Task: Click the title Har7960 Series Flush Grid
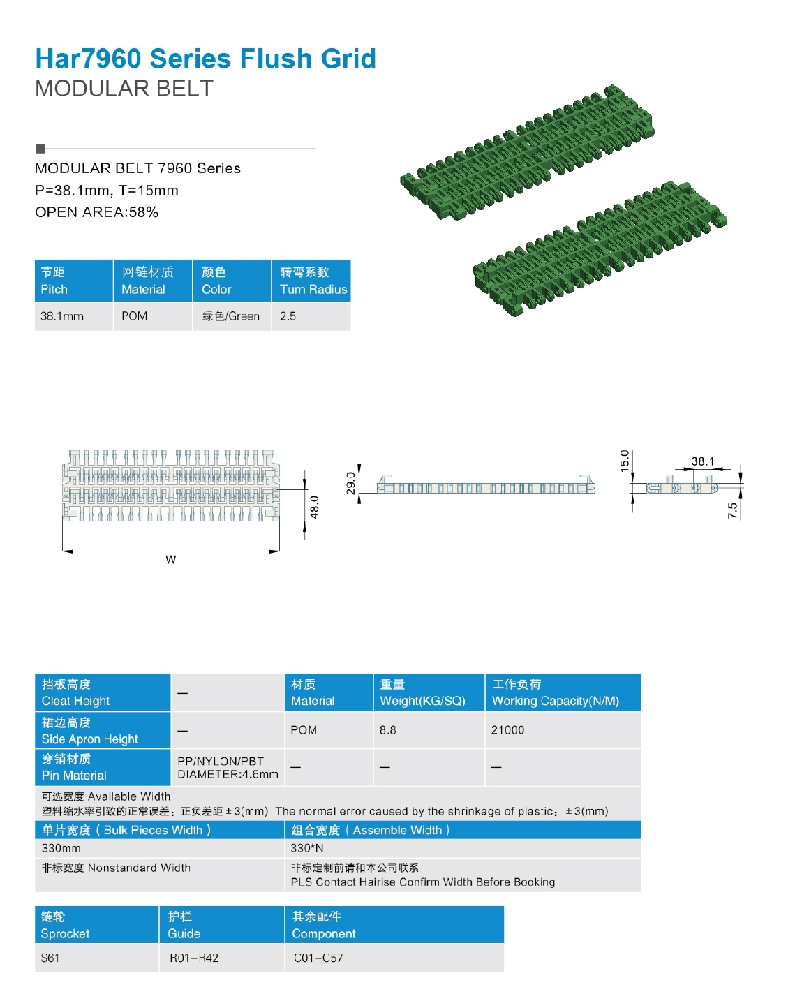coord(205,59)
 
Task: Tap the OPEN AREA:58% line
coord(97,212)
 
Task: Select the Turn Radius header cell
coord(311,281)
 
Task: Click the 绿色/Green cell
coord(231,316)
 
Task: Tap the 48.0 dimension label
coord(314,507)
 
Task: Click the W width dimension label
coord(171,559)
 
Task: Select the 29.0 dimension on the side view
coord(350,483)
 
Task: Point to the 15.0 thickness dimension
coord(625,461)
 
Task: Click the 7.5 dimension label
coord(732,510)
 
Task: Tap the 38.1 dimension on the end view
coord(702,461)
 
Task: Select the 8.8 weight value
coord(388,730)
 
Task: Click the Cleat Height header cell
coord(102,692)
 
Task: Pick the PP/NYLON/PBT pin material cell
coord(228,767)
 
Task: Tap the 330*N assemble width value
coord(307,848)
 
